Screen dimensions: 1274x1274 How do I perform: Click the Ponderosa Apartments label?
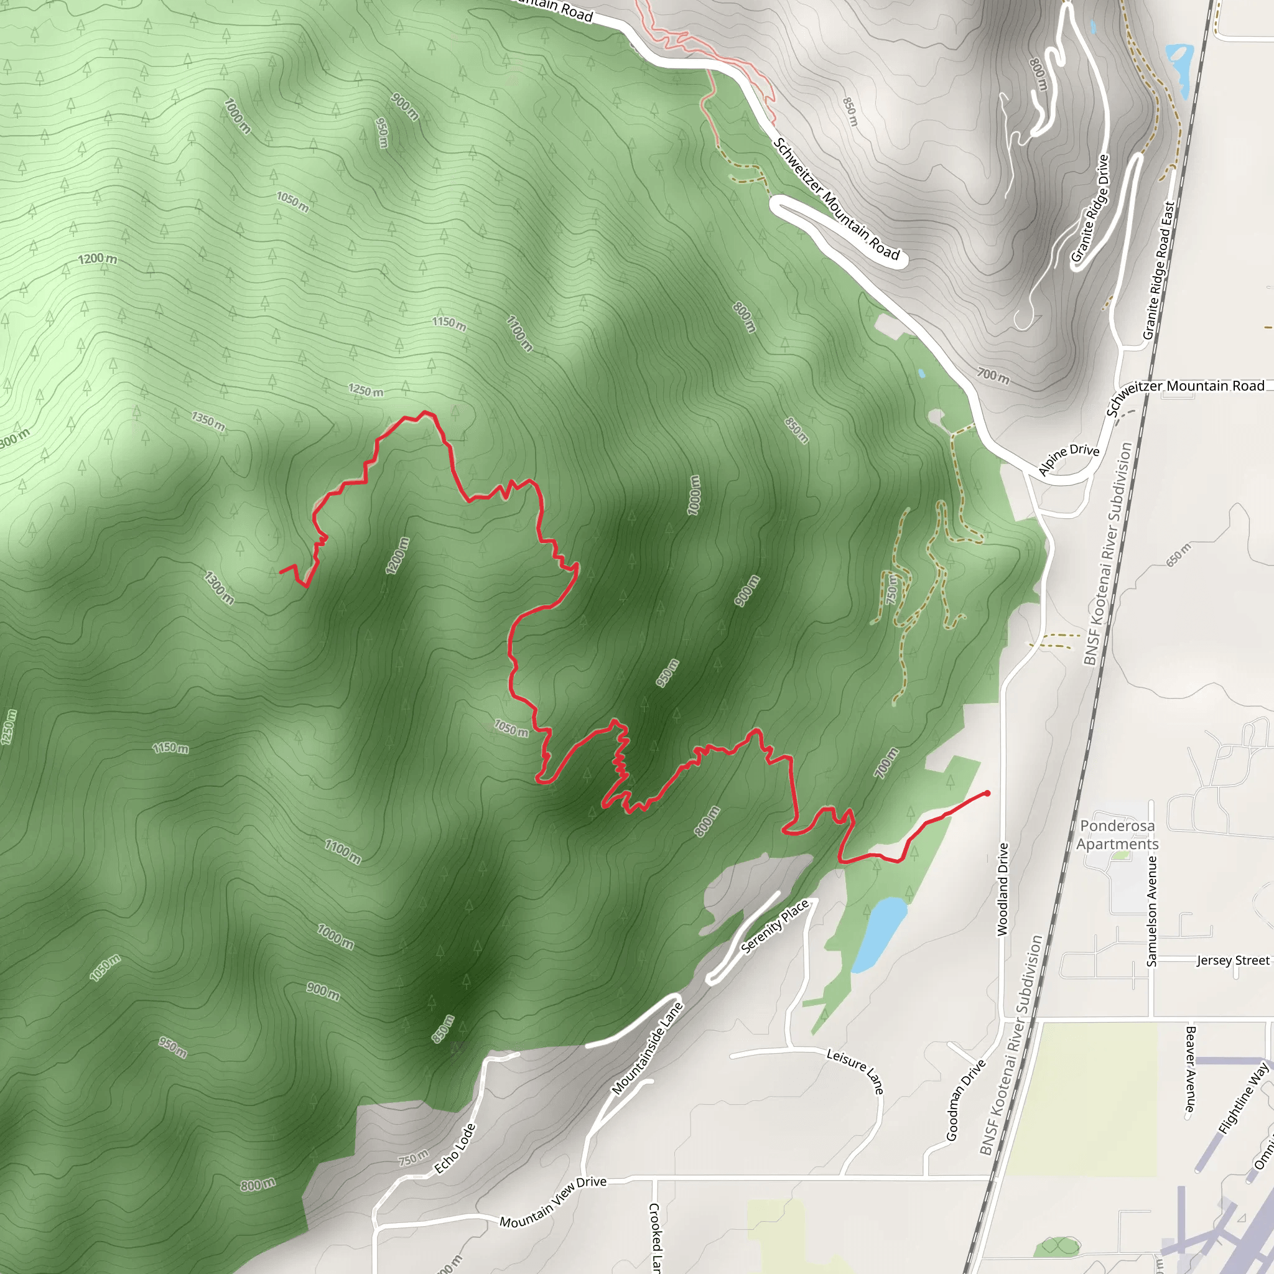(x=1117, y=835)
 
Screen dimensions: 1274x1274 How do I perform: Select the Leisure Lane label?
(x=855, y=1070)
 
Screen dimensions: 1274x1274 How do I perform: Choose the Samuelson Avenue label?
(x=1151, y=911)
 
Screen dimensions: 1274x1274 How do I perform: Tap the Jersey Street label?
(x=1232, y=960)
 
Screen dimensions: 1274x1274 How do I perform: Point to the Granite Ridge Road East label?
(x=1158, y=271)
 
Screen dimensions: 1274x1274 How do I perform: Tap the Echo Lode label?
(x=455, y=1148)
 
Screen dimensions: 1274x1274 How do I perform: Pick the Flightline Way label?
(x=1243, y=1099)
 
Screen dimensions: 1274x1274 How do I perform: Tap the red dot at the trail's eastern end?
(x=987, y=793)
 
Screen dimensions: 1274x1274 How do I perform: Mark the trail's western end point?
(x=281, y=572)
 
